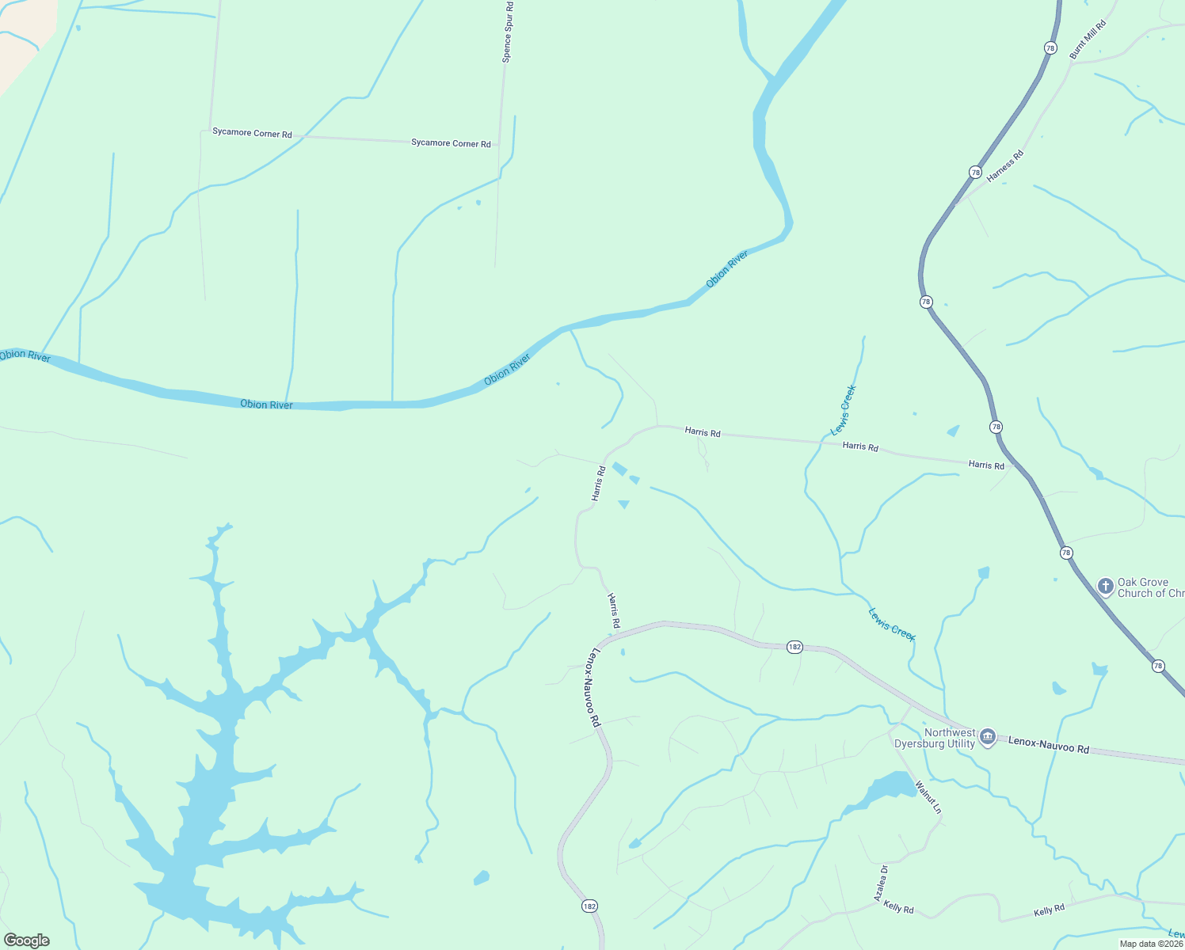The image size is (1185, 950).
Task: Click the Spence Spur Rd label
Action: [x=508, y=32]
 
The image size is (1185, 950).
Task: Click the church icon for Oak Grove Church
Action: [x=1105, y=587]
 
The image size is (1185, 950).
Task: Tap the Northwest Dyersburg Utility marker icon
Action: [x=987, y=738]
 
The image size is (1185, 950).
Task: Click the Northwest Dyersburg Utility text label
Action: [x=935, y=738]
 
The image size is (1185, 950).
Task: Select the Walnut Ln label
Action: [x=928, y=797]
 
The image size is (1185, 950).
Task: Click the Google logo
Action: [x=27, y=940]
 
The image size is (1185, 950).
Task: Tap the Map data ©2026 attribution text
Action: [x=1150, y=944]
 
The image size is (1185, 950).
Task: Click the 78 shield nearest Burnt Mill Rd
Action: [x=1050, y=48]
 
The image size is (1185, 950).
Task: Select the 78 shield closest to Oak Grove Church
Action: [x=1066, y=553]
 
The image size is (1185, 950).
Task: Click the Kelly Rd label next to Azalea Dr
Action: [x=898, y=908]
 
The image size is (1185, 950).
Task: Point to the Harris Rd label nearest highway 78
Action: [x=986, y=465]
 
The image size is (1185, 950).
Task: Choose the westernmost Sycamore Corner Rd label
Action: [x=252, y=133]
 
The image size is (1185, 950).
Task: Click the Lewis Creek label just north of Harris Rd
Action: [x=844, y=410]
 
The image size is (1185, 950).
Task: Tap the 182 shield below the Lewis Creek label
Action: [x=794, y=647]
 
